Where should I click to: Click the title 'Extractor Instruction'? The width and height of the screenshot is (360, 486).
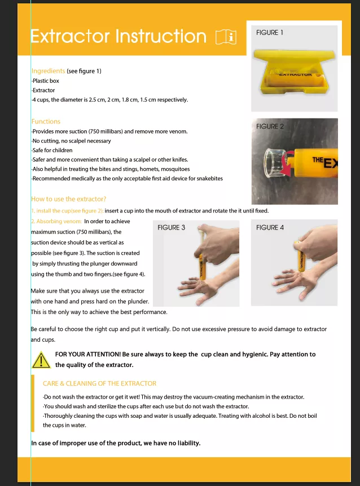(118, 37)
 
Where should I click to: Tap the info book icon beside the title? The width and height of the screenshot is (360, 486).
(226, 37)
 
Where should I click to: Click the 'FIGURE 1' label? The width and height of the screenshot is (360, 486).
(270, 33)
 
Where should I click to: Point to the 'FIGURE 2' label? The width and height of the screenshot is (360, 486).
(270, 126)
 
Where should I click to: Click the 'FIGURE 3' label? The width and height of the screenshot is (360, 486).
(172, 228)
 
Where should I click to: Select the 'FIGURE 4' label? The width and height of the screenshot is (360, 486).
(270, 228)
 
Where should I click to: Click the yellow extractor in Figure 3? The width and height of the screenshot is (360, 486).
(200, 259)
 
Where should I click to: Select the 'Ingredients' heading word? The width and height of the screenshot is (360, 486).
(48, 71)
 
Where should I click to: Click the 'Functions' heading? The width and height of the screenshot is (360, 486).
(46, 121)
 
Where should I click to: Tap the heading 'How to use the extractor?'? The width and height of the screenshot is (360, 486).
(68, 199)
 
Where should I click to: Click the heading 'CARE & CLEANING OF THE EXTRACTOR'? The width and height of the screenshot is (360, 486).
(99, 383)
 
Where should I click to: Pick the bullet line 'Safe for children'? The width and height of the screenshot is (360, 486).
(52, 151)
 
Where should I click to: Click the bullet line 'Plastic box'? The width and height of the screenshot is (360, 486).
(45, 81)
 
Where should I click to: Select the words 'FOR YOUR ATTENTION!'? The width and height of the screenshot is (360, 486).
(87, 355)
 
